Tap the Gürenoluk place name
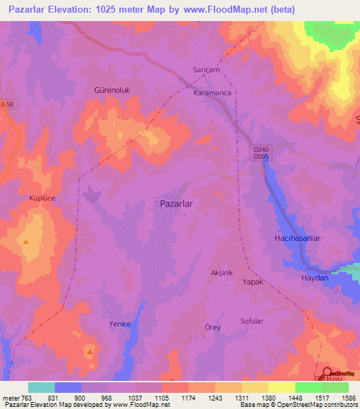point(113,91)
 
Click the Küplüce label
point(27,199)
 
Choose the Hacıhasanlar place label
point(297,239)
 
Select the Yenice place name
point(120,324)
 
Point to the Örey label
point(212,327)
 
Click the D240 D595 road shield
point(261,152)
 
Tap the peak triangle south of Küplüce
point(26,242)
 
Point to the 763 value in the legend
point(27,398)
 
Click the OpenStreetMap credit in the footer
point(317,405)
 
